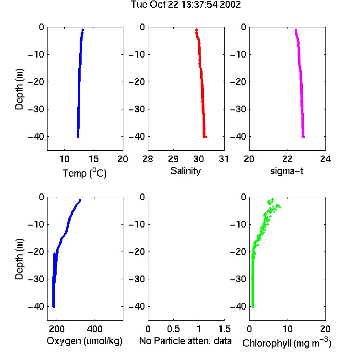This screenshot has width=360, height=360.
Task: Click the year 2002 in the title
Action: click(x=230, y=4)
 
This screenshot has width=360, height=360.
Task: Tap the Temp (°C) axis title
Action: click(x=84, y=173)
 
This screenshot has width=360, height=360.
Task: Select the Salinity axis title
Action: click(x=185, y=171)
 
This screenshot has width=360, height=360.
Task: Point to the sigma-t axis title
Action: click(x=287, y=171)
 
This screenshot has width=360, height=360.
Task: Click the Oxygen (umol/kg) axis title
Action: click(x=84, y=341)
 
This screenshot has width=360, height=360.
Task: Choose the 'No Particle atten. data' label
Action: click(x=185, y=341)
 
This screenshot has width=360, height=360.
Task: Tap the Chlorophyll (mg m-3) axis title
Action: click(x=287, y=343)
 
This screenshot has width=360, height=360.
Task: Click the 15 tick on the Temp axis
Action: click(x=94, y=159)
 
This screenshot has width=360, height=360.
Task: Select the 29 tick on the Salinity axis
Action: click(x=173, y=159)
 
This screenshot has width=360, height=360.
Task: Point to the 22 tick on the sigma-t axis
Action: click(x=288, y=159)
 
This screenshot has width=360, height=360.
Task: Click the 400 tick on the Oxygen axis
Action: click(x=95, y=329)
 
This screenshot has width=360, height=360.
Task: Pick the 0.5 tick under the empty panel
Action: click(x=173, y=329)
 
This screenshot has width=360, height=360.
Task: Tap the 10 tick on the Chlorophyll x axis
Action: click(x=288, y=329)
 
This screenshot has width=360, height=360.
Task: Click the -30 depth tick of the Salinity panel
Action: click(x=137, y=109)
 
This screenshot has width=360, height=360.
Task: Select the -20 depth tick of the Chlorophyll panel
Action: click(x=238, y=252)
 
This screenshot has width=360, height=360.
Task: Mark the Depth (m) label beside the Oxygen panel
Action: click(x=19, y=259)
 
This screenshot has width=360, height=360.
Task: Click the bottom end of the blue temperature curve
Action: click(x=78, y=137)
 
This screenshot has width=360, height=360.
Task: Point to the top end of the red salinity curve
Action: click(x=196, y=30)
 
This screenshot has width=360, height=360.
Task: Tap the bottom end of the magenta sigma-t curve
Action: click(x=303, y=137)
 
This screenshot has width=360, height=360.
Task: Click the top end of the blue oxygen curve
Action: click(x=80, y=200)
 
